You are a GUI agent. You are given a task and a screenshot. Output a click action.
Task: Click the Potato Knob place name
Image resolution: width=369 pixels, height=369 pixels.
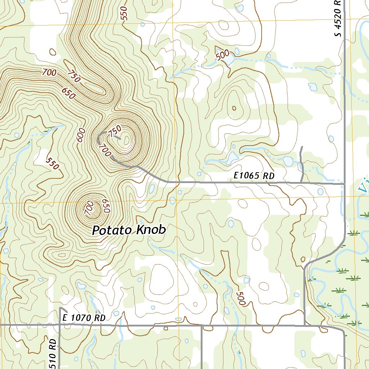(129, 230)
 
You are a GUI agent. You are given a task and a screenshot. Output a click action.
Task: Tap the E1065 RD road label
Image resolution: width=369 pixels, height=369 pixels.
(254, 176)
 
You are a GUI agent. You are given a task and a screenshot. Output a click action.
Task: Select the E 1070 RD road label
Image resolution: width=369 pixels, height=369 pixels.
(84, 318)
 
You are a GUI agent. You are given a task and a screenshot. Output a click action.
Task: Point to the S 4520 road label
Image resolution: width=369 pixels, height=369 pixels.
(337, 18)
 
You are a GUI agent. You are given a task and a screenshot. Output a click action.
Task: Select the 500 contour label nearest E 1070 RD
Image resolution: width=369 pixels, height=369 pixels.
(240, 299)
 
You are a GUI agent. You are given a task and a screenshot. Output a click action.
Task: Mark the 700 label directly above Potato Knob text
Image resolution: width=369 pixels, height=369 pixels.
(90, 209)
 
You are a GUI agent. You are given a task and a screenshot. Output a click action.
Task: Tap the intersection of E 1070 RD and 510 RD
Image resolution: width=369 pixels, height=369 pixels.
(59, 325)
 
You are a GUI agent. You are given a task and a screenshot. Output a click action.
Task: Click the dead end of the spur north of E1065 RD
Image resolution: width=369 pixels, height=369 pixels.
(301, 147)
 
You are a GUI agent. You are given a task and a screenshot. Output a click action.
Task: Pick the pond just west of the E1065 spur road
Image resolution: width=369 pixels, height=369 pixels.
(288, 161)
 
